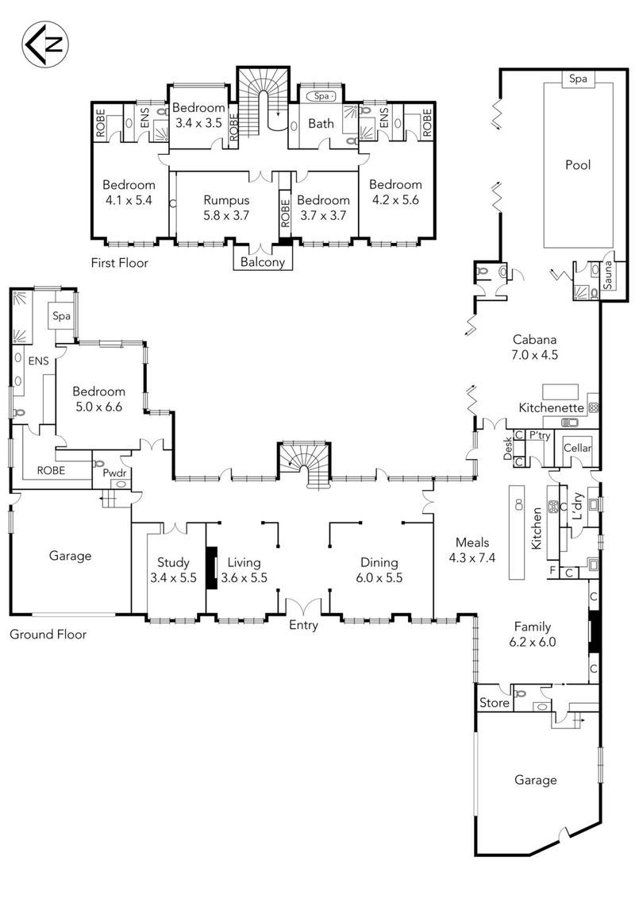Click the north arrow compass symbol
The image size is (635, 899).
coord(44,44)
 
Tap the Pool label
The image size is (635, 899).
coord(578,165)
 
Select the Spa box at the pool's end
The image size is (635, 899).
coord(577,79)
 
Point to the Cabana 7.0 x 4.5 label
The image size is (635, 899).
coord(536,348)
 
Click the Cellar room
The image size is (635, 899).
coord(578,449)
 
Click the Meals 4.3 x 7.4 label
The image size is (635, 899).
coord(470,549)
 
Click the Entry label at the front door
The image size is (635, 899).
coord(303,625)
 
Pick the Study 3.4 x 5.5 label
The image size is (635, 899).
coord(172,569)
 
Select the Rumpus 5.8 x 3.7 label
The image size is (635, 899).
coord(226,207)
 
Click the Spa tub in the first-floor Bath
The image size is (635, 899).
coord(321,96)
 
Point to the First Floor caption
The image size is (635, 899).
coord(120,262)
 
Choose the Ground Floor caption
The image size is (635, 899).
coord(48,634)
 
